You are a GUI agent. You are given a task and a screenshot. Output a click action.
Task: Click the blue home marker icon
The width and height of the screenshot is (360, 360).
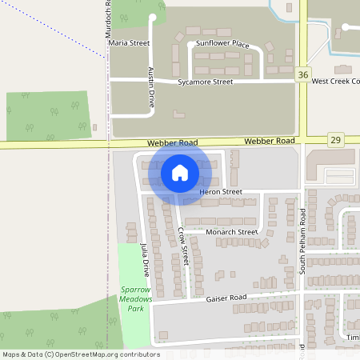tap(180, 172)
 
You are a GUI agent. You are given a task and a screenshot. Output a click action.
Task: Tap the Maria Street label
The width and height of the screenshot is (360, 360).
tap(130, 42)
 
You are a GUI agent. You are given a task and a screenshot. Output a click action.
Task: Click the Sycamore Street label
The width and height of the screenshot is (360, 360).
tap(206, 82)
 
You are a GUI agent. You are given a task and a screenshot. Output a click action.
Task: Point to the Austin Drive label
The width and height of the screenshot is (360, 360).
tap(150, 87)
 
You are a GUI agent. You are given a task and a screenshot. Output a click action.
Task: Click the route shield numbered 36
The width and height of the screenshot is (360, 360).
tap(302, 74)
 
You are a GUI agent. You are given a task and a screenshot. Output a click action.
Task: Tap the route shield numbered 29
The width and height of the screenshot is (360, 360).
tap(336, 140)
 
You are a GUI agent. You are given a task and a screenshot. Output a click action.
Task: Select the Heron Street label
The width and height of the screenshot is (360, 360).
tap(221, 192)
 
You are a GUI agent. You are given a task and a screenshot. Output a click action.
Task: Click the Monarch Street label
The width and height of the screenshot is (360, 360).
tap(232, 232)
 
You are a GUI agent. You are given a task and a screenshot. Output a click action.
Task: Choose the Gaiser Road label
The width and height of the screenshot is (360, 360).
tap(226, 298)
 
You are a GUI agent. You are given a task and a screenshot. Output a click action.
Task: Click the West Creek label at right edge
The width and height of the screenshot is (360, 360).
tap(335, 82)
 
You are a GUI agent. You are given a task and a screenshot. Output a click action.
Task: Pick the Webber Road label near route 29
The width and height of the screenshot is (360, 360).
tap(270, 141)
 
